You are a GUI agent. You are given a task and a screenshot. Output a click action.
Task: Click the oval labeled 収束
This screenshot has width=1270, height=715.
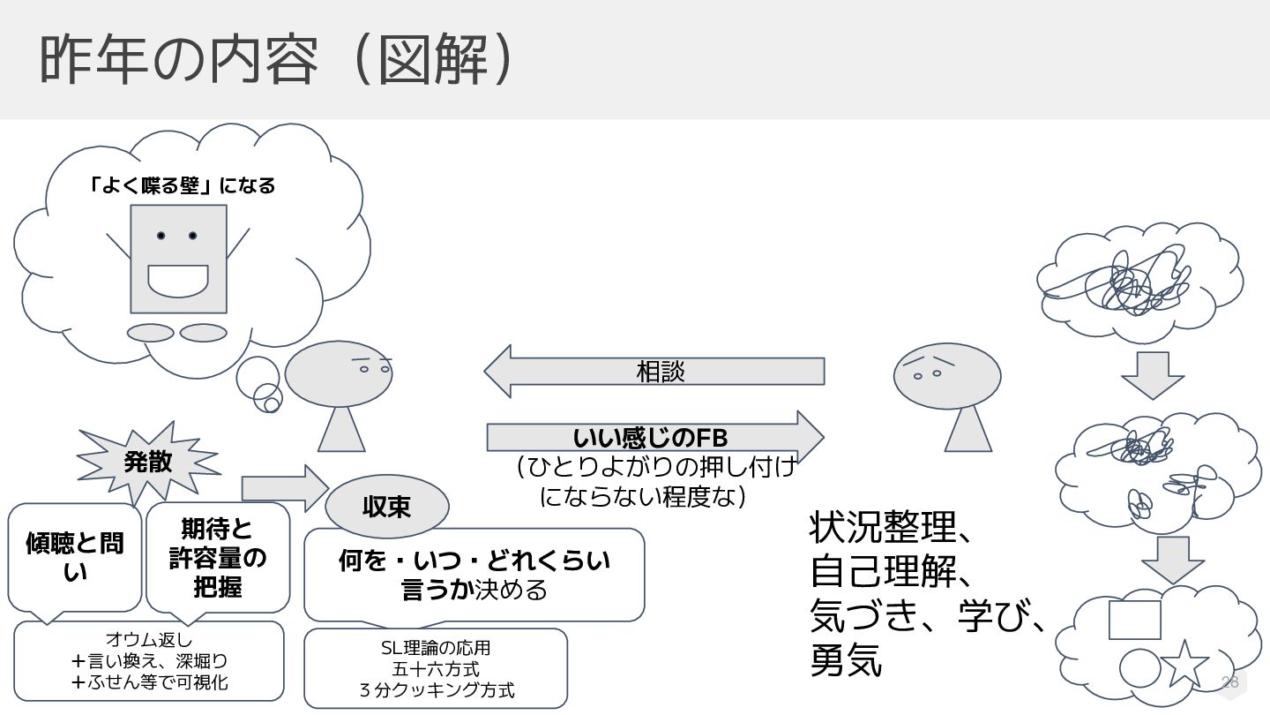point(386,507)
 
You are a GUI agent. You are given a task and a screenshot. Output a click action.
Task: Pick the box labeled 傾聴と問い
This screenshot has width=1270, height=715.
point(75,556)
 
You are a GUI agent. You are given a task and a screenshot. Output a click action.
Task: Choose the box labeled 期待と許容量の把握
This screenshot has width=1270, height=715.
point(217,557)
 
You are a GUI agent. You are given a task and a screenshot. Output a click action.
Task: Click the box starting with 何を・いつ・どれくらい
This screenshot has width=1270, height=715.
point(474,574)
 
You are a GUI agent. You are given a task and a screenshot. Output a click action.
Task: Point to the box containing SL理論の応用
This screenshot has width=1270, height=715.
point(436,668)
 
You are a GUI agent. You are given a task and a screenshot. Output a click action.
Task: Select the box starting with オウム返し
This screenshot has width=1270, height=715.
point(149,660)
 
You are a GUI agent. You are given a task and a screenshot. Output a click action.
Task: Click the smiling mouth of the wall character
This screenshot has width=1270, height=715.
point(177,280)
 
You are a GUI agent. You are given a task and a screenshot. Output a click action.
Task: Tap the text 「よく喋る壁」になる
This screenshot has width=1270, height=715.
point(183,185)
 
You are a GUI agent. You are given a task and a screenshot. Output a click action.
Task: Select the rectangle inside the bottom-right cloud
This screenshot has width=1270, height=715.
point(1134,620)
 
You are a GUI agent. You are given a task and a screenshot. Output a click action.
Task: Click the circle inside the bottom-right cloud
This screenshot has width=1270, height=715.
point(1139,667)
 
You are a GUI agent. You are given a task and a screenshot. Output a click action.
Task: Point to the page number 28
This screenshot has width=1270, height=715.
point(1229,681)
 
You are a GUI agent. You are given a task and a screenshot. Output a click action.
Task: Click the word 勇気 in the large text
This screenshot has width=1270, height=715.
point(846,661)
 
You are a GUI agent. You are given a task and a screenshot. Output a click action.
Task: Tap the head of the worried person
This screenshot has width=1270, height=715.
point(946,375)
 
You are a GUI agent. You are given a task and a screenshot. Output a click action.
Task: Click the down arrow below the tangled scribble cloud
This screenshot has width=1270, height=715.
point(1152,374)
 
